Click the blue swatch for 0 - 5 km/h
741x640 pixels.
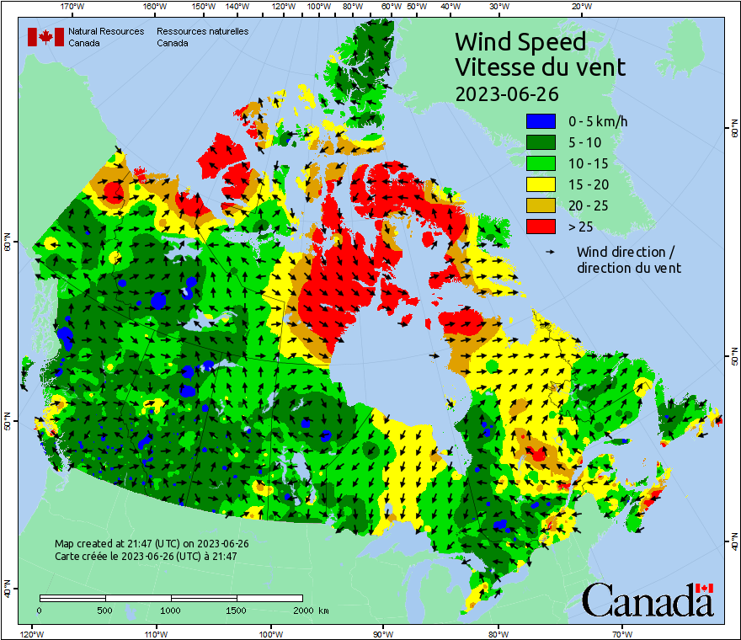point(541,121)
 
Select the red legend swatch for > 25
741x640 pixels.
point(541,226)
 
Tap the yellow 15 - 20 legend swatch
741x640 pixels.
point(541,184)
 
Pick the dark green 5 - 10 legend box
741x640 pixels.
point(541,142)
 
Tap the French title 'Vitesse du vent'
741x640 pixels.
point(540,67)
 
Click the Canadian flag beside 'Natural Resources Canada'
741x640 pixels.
point(45,37)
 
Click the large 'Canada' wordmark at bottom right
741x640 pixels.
point(647,600)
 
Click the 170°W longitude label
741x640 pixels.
point(73,8)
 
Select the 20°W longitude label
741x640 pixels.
point(578,8)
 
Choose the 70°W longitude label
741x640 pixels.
point(621,632)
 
